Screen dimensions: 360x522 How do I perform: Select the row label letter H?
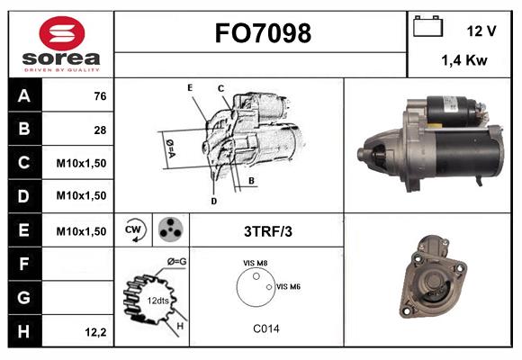pos(22,331)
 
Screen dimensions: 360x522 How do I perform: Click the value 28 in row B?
pos(99,130)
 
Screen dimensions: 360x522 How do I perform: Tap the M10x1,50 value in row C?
pos(81,163)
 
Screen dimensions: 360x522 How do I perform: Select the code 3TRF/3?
pos(267,231)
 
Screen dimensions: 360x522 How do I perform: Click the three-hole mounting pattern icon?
pos(169,230)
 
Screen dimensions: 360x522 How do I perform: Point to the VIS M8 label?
pos(256,263)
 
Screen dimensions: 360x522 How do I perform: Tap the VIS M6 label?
pos(288,286)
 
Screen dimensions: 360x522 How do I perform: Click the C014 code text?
pos(265,328)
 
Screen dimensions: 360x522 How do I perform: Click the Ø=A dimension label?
pos(169,145)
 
